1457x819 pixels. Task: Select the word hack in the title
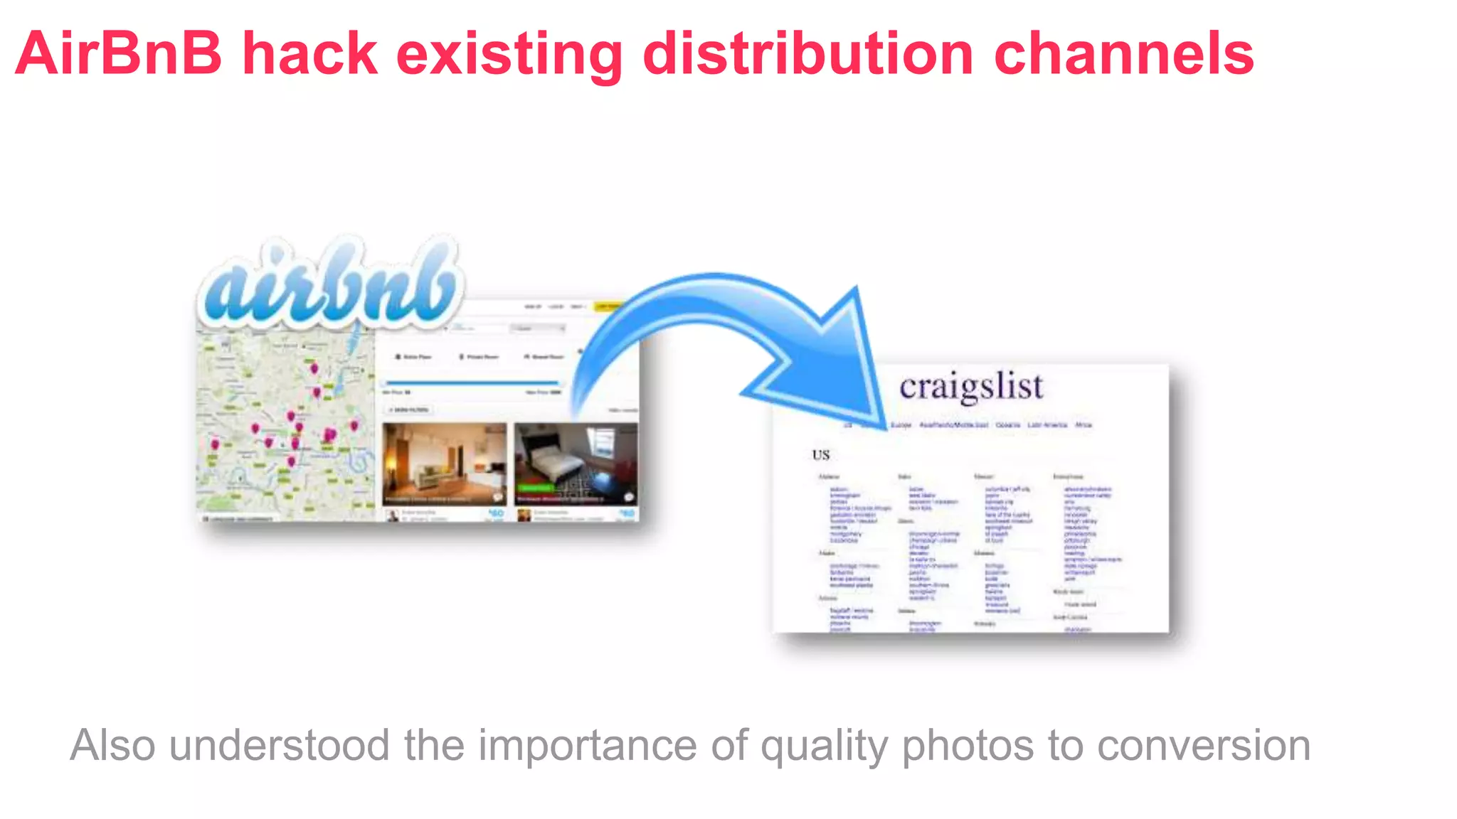(x=309, y=53)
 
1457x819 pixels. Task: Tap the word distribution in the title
(x=807, y=53)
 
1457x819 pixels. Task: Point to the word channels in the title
(x=1123, y=53)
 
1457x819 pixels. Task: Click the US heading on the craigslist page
(x=821, y=455)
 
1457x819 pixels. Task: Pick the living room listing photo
(x=445, y=464)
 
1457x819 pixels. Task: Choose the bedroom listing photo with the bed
(x=576, y=464)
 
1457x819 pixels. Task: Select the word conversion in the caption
(x=1203, y=745)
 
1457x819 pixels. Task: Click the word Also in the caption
(x=112, y=745)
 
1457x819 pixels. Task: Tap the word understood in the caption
(x=279, y=745)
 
